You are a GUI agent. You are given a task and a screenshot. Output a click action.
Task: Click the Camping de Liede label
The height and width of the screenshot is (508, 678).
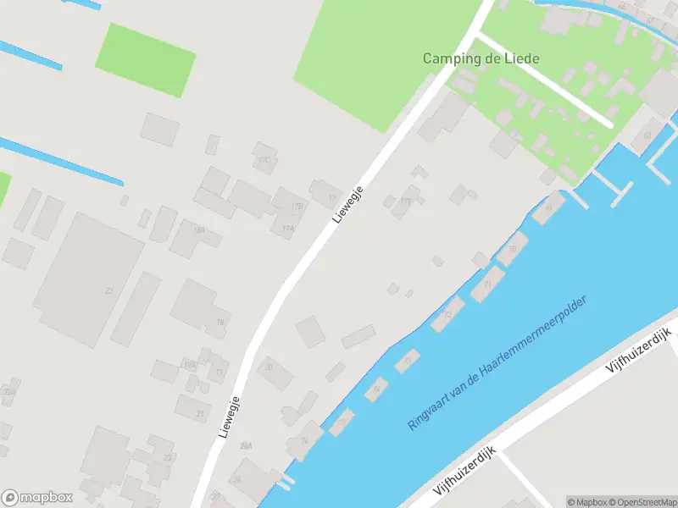pos(481,59)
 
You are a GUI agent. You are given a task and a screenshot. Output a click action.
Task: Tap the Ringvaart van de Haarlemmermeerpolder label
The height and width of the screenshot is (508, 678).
pos(509,362)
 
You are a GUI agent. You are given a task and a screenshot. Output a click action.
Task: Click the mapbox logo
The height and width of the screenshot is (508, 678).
pos(37,498)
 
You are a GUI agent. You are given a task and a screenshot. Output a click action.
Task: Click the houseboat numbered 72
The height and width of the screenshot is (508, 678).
pos(447,314)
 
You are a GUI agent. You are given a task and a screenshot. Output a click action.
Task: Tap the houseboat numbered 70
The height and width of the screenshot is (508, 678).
pos(512,248)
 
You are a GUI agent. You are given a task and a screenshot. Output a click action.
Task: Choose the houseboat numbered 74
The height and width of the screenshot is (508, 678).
pos(375,389)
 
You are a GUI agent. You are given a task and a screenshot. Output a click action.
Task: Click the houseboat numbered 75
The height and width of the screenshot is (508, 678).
pos(341,422)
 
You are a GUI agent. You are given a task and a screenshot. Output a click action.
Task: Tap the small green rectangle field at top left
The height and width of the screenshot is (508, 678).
pos(145,58)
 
